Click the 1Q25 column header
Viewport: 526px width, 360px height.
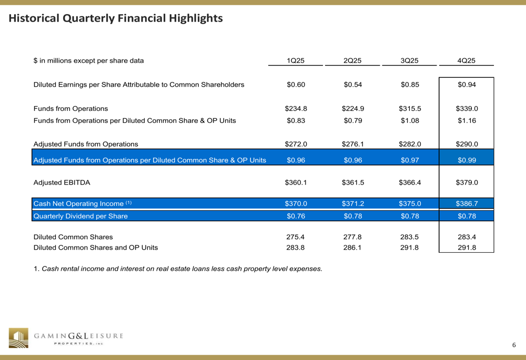[x=296, y=60]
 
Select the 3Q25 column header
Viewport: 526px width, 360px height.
[x=409, y=60]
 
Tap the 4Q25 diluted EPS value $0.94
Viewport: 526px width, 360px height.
[x=466, y=85]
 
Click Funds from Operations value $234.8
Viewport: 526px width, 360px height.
[x=296, y=109]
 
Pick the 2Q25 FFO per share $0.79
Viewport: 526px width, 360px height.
[x=352, y=120]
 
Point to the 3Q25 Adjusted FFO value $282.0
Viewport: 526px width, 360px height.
[x=410, y=144]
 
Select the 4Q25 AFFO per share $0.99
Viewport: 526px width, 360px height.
[x=466, y=160]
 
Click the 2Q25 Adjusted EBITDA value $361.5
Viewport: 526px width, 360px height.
[x=353, y=183]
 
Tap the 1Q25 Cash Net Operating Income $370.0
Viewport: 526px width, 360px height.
[x=296, y=203]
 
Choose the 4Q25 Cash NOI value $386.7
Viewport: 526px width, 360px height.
[x=466, y=203]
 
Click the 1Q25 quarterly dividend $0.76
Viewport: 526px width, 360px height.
[x=296, y=216]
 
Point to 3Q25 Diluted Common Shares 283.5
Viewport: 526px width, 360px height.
[x=409, y=237]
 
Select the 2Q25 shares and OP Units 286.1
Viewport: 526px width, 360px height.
[x=352, y=248]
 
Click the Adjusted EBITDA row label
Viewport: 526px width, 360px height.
[x=62, y=183]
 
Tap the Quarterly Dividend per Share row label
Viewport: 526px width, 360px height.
[x=80, y=216]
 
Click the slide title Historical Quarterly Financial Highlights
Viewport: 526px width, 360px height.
[x=116, y=18]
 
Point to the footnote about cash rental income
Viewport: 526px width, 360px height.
[x=178, y=269]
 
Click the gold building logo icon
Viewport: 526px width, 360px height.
[x=18, y=338]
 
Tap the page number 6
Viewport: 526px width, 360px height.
[x=514, y=345]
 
